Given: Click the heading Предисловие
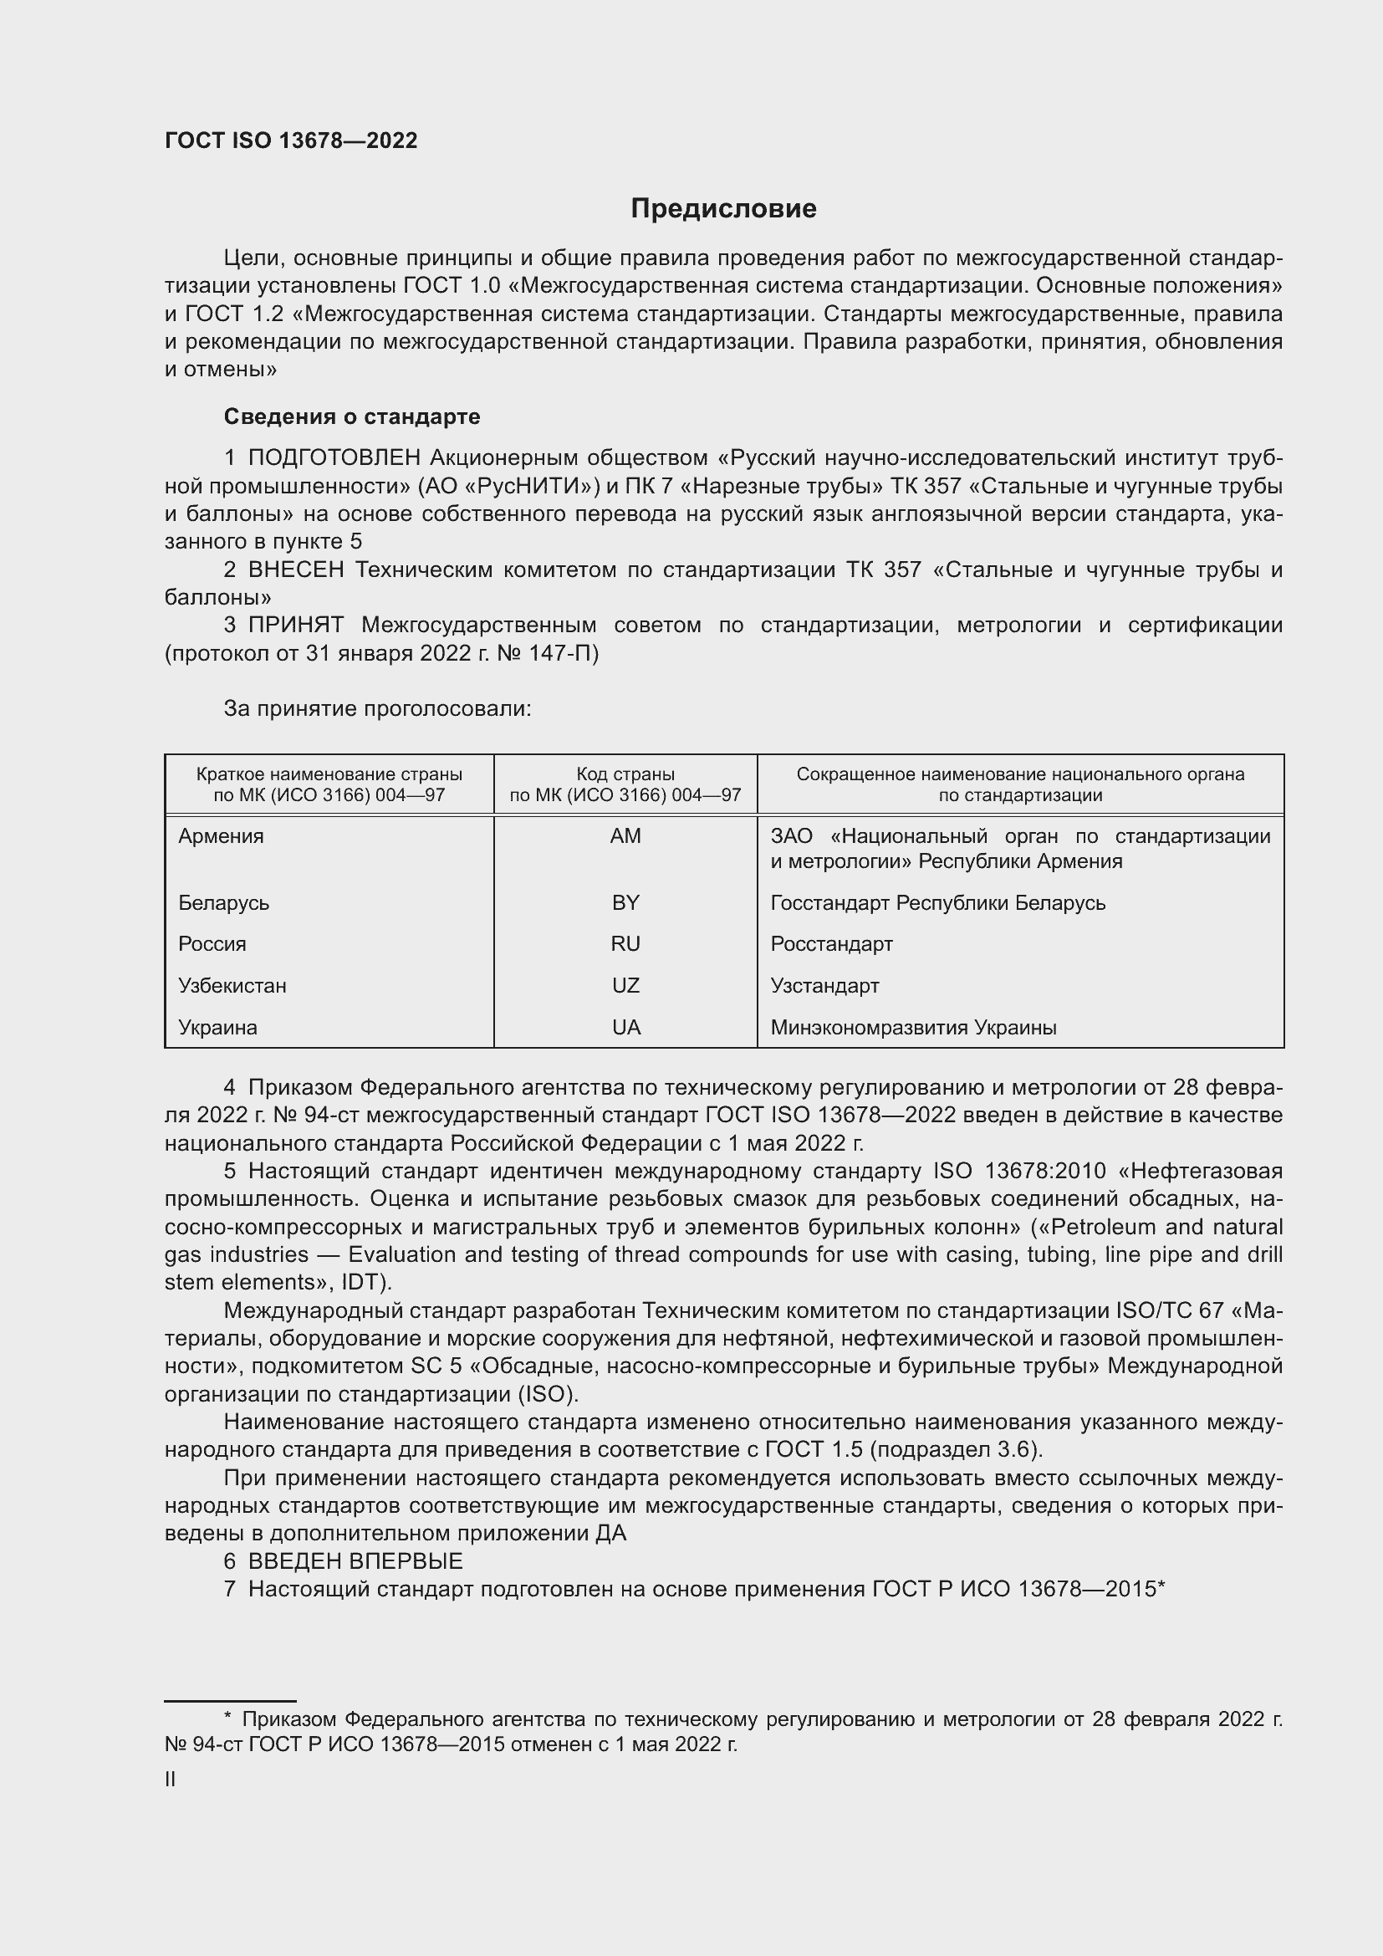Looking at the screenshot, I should point(723,209).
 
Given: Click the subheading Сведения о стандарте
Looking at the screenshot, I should point(352,416).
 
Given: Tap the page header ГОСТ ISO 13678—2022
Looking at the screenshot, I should point(291,141).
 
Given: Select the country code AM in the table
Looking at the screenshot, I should point(625,836).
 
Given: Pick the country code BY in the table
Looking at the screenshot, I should point(625,903).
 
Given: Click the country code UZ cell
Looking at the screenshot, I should point(625,986).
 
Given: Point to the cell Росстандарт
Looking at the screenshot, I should point(831,944).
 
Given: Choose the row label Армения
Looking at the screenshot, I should point(222,836).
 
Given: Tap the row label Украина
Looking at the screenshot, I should point(218,1028).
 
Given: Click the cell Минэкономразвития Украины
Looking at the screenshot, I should point(913,1028).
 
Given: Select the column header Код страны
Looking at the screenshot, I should point(625,774).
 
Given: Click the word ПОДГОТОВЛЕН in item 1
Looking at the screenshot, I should point(334,458).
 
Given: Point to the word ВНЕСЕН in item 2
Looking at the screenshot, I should point(295,570).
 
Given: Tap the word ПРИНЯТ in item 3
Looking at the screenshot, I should point(295,626).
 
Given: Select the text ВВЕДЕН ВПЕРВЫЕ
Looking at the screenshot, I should point(355,1561).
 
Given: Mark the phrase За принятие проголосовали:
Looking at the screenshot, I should point(377,709).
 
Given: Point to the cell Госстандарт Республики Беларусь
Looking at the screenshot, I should point(937,903).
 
